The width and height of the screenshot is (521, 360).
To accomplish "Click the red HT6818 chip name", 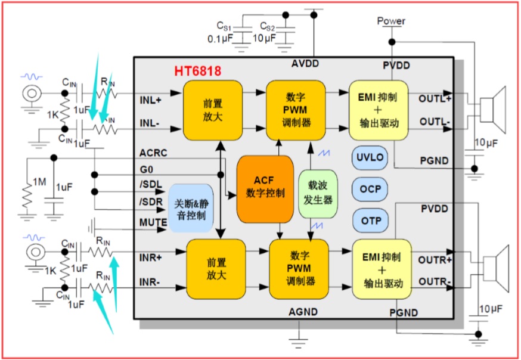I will click(x=197, y=71).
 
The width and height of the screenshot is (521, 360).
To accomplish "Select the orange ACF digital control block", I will click(x=265, y=188).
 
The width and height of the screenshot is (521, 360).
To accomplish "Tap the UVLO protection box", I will click(x=370, y=158).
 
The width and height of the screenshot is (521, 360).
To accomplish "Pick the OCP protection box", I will click(x=370, y=189).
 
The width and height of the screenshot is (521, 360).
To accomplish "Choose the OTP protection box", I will click(x=370, y=221).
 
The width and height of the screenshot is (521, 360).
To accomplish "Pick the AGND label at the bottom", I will click(x=303, y=312).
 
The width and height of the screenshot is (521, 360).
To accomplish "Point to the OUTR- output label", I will click(x=436, y=281).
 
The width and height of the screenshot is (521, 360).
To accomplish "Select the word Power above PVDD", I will click(x=391, y=21).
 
